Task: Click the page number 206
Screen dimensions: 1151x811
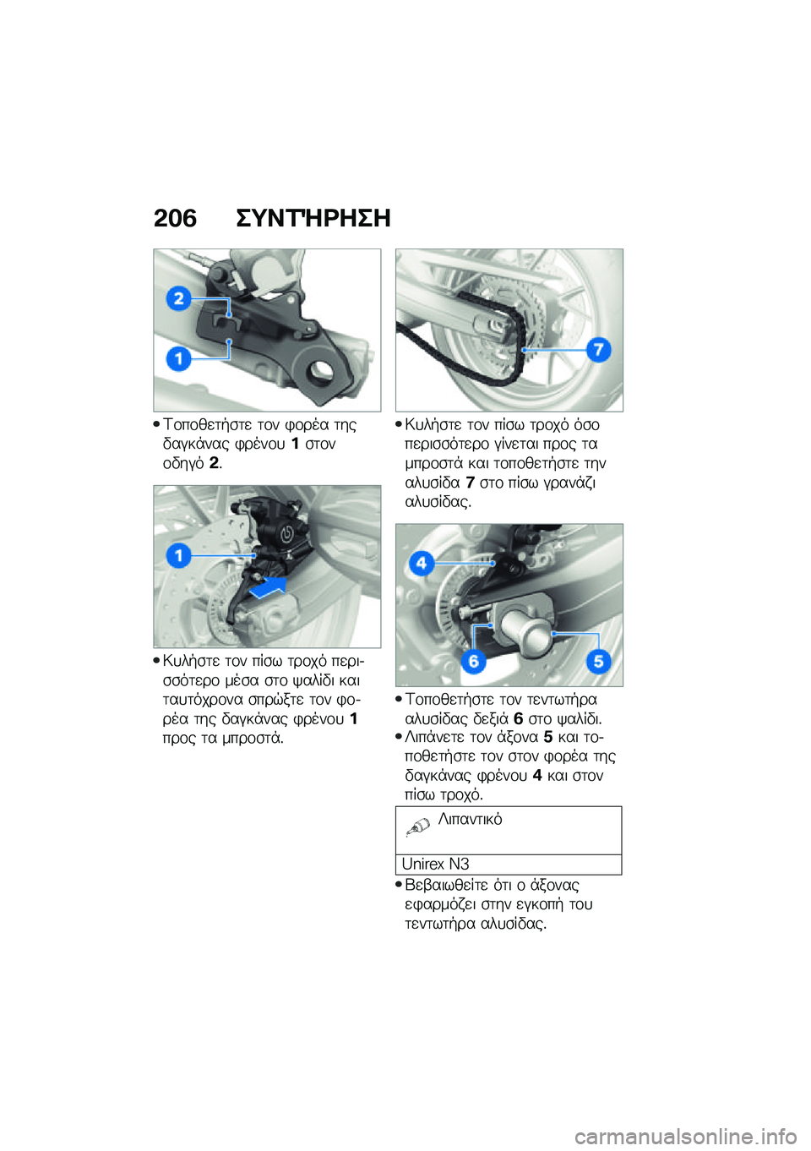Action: (x=175, y=218)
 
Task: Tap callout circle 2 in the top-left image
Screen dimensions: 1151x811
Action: (x=179, y=298)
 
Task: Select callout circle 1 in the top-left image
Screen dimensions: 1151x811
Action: (x=179, y=358)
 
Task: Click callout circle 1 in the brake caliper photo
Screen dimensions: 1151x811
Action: (x=179, y=555)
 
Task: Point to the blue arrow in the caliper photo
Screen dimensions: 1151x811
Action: (x=269, y=586)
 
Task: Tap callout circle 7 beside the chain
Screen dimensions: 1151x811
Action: (x=598, y=349)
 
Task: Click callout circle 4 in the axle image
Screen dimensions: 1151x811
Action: (x=422, y=562)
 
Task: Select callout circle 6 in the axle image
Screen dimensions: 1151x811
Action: (x=473, y=661)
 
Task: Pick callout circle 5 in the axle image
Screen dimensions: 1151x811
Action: (x=598, y=661)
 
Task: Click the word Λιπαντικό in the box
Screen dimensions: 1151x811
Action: (x=471, y=819)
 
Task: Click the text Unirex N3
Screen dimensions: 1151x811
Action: (x=435, y=864)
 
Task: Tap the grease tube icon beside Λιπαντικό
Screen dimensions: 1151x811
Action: (x=418, y=826)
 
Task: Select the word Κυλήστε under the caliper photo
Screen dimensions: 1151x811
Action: (x=191, y=661)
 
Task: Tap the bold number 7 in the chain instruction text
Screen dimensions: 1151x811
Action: (x=471, y=483)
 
